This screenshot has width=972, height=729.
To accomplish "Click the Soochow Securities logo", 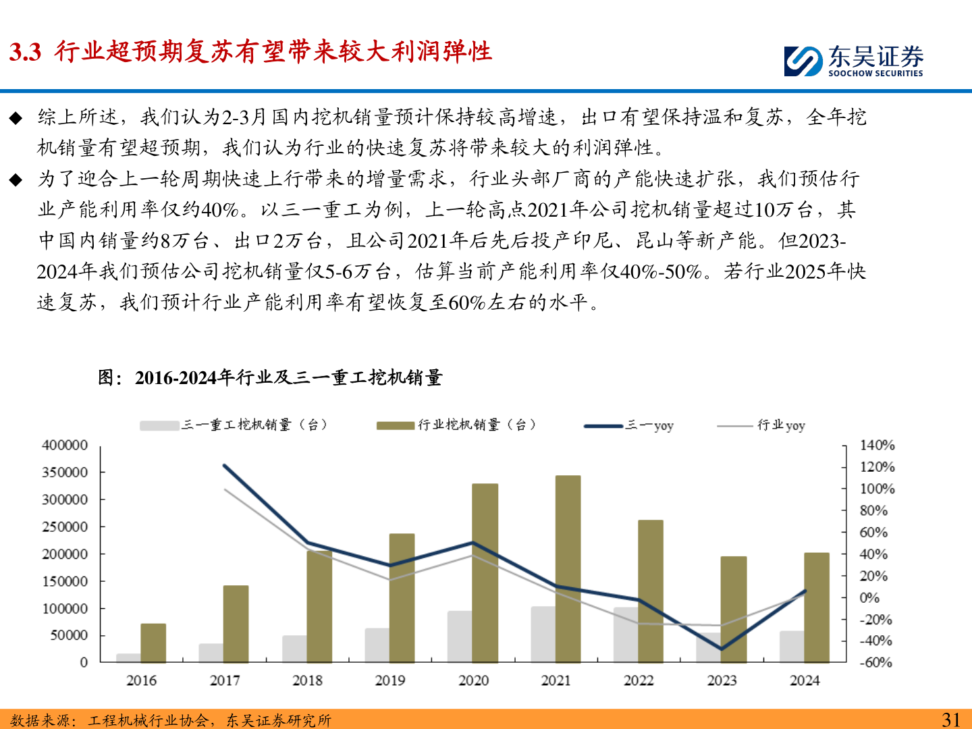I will [x=853, y=61].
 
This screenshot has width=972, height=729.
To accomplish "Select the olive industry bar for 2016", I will [x=153, y=643].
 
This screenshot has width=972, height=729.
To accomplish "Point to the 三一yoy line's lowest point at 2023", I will [x=722, y=649].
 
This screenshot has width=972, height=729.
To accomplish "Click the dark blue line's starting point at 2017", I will [x=224, y=465].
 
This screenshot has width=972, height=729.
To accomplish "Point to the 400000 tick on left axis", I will [x=65, y=446].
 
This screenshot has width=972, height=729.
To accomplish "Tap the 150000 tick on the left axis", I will [x=65, y=581].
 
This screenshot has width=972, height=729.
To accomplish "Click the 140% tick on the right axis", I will [x=877, y=446].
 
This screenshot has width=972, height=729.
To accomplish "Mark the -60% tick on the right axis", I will [x=875, y=663].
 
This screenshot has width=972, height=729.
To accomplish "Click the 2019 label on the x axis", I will [x=390, y=680].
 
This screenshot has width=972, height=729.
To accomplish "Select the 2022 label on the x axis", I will [x=639, y=680].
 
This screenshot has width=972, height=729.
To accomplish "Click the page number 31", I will [x=951, y=720].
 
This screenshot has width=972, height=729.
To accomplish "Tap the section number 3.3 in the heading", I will [x=26, y=52].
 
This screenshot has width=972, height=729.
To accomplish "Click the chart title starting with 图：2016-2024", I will [x=270, y=377].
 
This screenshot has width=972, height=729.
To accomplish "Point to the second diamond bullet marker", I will [x=16, y=180].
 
